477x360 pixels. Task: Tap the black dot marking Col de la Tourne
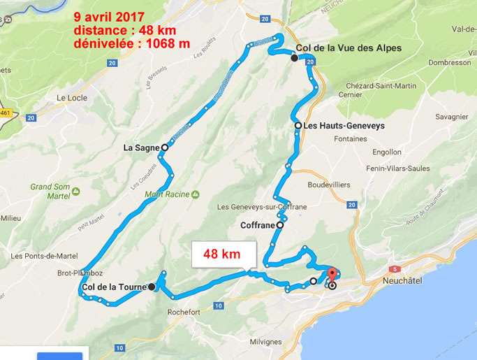coord(152,287)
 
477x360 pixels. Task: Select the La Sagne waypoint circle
coord(165,147)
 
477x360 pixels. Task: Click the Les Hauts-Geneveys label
coord(344,126)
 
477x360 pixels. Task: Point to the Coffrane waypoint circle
coord(280,225)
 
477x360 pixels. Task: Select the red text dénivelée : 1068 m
coord(131,43)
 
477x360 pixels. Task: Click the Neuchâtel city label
coord(404,281)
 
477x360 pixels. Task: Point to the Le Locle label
coord(72,98)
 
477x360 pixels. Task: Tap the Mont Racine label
coord(168,194)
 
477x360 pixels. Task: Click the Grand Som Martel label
coord(50,191)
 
